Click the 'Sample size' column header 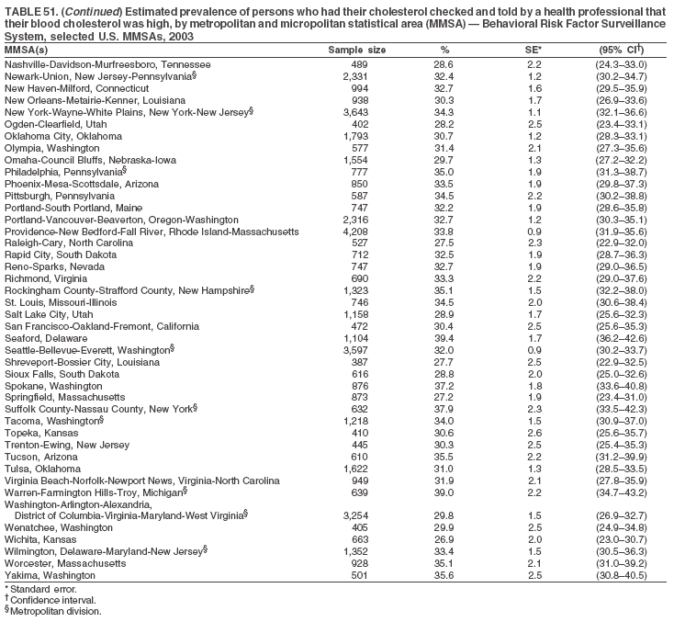point(356,49)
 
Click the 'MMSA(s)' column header point(27,49)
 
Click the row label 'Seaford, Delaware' point(45,338)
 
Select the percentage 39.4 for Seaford point(444,338)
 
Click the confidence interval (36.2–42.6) point(621,338)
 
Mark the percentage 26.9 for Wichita point(444,539)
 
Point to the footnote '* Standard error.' point(40,589)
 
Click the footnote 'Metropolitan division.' point(55,611)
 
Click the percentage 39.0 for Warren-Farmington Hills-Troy point(444,492)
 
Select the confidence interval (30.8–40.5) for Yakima point(621,575)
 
